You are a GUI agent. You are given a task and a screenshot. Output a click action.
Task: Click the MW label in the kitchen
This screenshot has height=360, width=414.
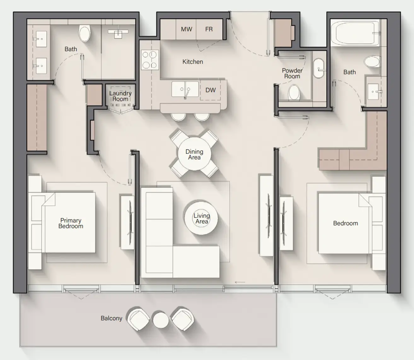click(186, 29)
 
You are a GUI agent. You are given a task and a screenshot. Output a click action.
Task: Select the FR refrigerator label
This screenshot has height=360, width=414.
click(209, 29)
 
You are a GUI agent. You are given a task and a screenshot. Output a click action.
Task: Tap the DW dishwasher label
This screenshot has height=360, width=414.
click(210, 90)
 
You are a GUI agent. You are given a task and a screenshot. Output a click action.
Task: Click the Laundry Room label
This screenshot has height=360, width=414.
click(120, 96)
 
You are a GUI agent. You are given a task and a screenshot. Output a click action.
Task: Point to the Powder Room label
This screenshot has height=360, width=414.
click(292, 74)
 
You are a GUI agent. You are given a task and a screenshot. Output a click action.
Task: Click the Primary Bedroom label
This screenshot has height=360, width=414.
click(71, 223)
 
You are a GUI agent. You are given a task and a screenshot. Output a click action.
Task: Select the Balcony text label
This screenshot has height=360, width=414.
click(111, 318)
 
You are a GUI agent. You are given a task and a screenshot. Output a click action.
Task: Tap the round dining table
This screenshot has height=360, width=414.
click(194, 154)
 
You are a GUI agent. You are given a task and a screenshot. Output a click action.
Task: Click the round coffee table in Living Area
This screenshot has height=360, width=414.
click(201, 218)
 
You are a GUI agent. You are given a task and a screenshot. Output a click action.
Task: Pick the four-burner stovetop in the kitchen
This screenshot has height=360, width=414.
click(150, 60)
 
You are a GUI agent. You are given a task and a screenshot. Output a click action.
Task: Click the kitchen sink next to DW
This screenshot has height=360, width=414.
click(185, 89)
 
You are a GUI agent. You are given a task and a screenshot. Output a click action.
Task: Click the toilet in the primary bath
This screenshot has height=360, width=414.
click(85, 34)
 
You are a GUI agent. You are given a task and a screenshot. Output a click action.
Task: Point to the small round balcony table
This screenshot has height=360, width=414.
click(161, 320)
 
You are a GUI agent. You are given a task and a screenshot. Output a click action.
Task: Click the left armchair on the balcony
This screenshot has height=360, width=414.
click(138, 319)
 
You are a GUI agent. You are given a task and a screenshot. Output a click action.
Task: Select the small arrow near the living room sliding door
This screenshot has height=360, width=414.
click(240, 282)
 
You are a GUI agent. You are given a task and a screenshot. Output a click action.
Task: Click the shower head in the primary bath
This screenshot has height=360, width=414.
click(118, 32)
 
